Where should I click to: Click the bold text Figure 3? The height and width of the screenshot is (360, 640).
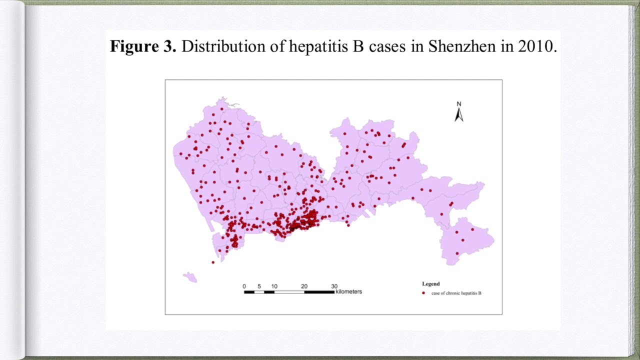[143, 46]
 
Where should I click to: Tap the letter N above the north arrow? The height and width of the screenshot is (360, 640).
[458, 104]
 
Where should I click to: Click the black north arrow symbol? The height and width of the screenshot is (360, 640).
[458, 115]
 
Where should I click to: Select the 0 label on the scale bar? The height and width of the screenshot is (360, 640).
[244, 286]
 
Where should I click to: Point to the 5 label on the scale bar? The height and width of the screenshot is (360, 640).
[259, 286]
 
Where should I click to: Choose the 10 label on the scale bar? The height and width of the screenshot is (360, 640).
[274, 286]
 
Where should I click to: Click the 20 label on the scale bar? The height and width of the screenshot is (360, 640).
[304, 286]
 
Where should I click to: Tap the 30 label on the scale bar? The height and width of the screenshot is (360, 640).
[334, 286]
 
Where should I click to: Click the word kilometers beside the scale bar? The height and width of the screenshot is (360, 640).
[348, 291]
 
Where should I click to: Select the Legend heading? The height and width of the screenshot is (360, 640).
[430, 284]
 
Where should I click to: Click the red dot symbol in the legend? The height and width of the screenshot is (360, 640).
[423, 293]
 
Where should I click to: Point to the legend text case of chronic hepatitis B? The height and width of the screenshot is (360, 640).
[456, 293]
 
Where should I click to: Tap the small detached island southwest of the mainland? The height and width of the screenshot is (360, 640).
[190, 276]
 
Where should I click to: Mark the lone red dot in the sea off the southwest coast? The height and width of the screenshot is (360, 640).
[213, 262]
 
